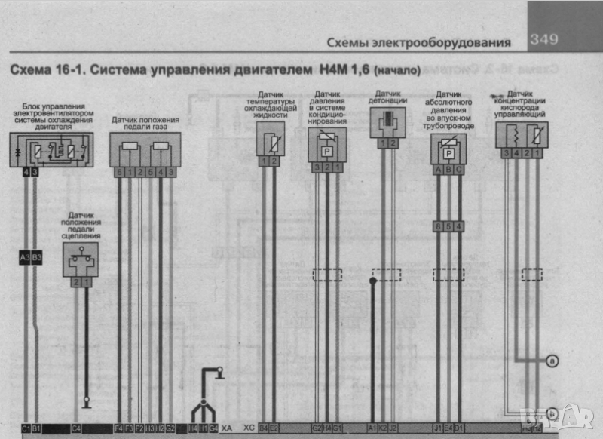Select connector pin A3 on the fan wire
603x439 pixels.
pos(25,257)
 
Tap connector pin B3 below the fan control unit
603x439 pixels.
pos(37,257)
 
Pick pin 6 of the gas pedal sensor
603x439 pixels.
pos(119,173)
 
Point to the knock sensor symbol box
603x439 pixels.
pos(387,121)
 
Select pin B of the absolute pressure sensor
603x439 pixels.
pos(448,170)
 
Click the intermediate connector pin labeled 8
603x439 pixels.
pos(438,226)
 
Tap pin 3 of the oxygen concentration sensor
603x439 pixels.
pos(504,153)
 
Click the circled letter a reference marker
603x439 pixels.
pos(552,361)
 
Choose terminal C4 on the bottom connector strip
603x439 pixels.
pos(76,428)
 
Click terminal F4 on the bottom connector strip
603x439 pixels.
pos(118,428)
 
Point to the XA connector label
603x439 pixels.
pos(227,428)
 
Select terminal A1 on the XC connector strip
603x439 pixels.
pos(372,428)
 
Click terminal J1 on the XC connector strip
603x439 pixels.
pos(438,428)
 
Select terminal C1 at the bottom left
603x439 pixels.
pos(26,428)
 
